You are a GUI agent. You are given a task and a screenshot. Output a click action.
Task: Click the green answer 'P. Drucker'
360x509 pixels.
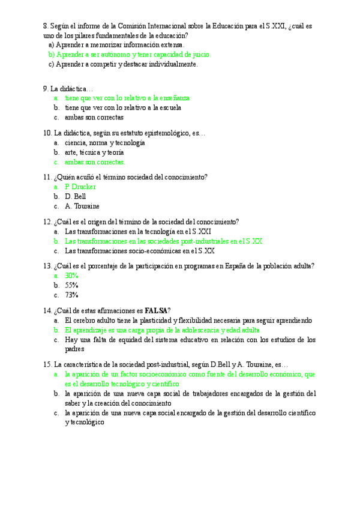coord(80,187)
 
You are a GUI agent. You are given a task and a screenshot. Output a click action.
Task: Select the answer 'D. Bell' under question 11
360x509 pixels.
coord(76,196)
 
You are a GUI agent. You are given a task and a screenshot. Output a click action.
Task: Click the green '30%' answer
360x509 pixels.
coord(72,276)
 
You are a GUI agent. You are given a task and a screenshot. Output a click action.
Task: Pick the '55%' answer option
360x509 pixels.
coord(72,285)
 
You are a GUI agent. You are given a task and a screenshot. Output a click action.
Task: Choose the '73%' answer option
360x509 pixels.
coord(72,295)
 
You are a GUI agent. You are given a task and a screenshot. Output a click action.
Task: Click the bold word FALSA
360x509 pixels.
coord(156,310)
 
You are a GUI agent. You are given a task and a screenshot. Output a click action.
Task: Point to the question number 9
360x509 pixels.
coord(46,88)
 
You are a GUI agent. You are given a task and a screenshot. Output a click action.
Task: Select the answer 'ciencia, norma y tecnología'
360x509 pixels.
coord(105,143)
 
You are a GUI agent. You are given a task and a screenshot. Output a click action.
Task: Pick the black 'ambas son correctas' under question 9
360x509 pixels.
coord(94,117)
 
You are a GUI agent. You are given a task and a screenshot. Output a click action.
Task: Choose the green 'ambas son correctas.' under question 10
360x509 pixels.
coord(95,162)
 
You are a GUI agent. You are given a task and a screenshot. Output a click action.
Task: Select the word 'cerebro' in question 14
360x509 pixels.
coord(89,320)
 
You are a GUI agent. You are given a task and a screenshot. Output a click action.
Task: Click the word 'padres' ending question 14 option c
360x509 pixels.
coord(75,349)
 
